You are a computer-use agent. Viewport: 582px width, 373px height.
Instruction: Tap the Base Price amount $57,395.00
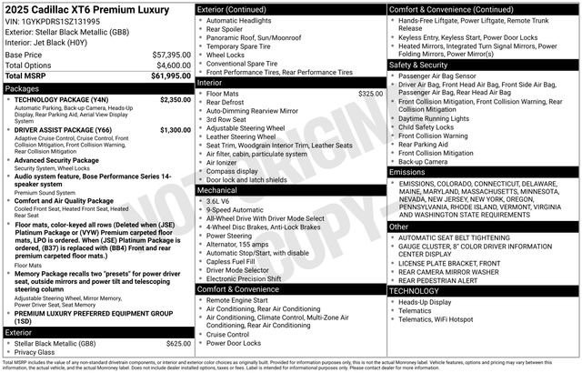tap(171, 55)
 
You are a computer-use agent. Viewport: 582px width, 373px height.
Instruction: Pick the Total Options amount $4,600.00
tap(173, 66)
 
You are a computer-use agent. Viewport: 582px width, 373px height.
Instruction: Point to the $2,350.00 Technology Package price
tap(175, 100)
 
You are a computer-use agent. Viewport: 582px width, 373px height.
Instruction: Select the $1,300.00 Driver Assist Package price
tap(175, 130)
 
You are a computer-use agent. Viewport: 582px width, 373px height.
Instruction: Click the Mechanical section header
tap(218, 191)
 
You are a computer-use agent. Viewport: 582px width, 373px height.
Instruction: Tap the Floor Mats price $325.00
tap(370, 94)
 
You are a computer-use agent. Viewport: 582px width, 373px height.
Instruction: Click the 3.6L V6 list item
tap(220, 201)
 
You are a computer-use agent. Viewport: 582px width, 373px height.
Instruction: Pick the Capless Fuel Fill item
tap(231, 261)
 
